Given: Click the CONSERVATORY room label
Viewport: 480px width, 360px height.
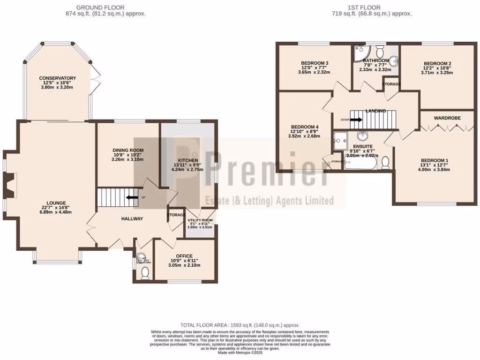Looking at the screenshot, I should tap(58, 78).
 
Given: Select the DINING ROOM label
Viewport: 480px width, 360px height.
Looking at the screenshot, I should tap(127, 150).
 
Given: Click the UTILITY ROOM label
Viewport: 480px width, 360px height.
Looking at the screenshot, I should tap(200, 220).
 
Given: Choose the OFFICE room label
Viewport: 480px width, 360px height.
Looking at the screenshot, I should tap(184, 256).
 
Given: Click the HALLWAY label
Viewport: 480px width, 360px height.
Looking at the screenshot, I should tap(132, 219).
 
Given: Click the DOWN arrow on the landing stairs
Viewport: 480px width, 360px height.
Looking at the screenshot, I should tap(356, 120).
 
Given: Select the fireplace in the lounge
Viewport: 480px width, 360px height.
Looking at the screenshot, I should tap(10, 184).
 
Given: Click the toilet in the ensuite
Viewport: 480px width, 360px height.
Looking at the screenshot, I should tap(385, 163).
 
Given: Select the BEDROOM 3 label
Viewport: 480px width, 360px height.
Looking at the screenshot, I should tap(314, 63).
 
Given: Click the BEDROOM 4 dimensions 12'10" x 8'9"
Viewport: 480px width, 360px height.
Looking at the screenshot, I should tap(304, 132).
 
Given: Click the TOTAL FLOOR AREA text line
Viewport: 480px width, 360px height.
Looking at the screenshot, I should tap(240, 325).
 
